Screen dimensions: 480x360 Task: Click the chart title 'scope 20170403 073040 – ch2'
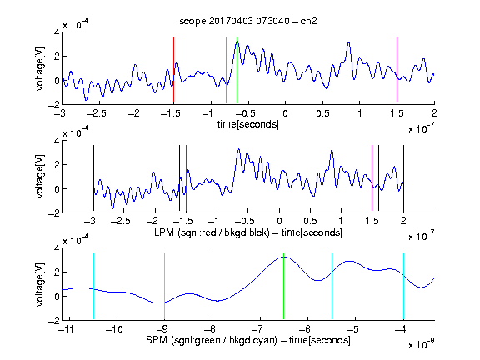pyautogui.click(x=248, y=21)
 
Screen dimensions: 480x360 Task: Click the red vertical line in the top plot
pyautogui.click(x=173, y=70)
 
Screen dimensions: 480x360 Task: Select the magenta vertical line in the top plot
pyautogui.click(x=397, y=70)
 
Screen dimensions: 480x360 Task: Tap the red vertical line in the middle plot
pyautogui.click(x=186, y=178)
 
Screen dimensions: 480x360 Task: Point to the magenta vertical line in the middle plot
pyautogui.click(x=372, y=178)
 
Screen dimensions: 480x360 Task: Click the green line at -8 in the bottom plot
pyautogui.click(x=212, y=286)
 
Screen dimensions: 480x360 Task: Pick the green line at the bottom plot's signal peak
pyautogui.click(x=284, y=286)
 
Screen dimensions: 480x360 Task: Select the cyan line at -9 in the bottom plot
pyautogui.click(x=164, y=286)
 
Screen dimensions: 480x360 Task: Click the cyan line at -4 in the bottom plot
pyautogui.click(x=403, y=286)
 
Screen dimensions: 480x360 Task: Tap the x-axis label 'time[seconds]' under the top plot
pyautogui.click(x=248, y=125)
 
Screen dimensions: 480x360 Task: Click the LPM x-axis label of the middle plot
pyautogui.click(x=248, y=232)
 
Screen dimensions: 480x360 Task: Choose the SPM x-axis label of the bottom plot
pyautogui.click(x=248, y=340)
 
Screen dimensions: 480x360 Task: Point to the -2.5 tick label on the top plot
pyautogui.click(x=96, y=113)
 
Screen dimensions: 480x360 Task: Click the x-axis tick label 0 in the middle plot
pyautogui.click(x=279, y=221)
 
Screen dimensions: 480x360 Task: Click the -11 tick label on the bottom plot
pyautogui.click(x=66, y=329)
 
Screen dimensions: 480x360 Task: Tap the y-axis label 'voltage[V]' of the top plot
pyautogui.click(x=40, y=68)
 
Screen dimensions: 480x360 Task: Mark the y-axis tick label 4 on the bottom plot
pyautogui.click(x=57, y=248)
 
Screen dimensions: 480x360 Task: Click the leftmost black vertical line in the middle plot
pyautogui.click(x=93, y=178)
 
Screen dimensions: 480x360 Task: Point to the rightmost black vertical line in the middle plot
pyautogui.click(x=403, y=178)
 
